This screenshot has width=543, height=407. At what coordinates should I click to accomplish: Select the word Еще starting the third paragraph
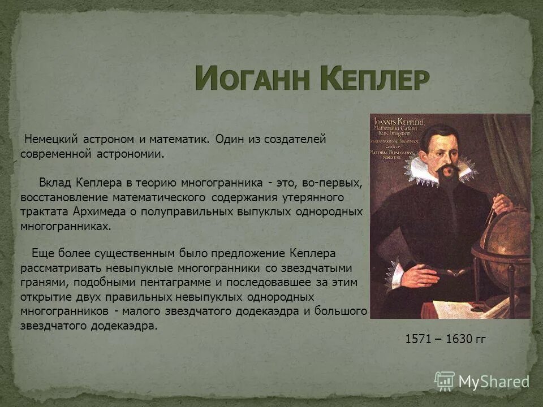(x=42, y=253)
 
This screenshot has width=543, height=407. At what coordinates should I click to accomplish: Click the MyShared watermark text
(x=493, y=382)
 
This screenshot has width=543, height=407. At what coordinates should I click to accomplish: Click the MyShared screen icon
(x=445, y=381)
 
